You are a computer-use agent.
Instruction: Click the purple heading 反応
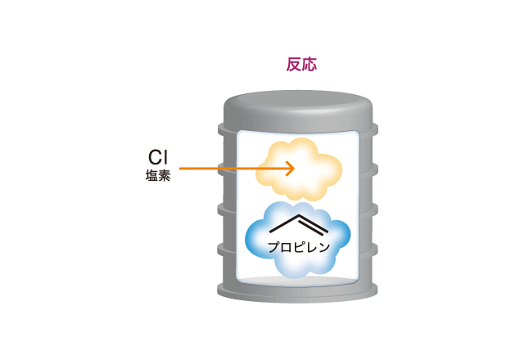[x=301, y=64]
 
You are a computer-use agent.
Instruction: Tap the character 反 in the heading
[x=294, y=64]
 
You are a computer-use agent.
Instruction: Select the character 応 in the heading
[x=309, y=64]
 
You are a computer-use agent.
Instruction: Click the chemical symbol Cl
[x=158, y=157]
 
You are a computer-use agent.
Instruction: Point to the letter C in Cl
[x=155, y=157]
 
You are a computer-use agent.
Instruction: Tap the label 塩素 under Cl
[x=158, y=176]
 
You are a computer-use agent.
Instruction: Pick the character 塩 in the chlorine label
[x=151, y=176]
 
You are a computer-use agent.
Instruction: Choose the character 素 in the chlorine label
[x=165, y=176]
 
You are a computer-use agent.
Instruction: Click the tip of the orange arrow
[x=295, y=169]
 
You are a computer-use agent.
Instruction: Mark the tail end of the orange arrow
[x=180, y=169]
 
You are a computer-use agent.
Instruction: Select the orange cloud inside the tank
[x=299, y=169]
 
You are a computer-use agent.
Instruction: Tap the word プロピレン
[x=299, y=247]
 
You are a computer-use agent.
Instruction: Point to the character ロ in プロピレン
[x=286, y=247]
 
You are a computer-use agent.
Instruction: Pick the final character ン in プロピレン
[x=324, y=247]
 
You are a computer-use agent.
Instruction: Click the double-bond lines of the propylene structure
[x=313, y=223]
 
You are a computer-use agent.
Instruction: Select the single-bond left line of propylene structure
[x=284, y=223]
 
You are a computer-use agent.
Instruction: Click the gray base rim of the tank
[x=297, y=292]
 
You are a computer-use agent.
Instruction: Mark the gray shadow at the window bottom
[x=297, y=281]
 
